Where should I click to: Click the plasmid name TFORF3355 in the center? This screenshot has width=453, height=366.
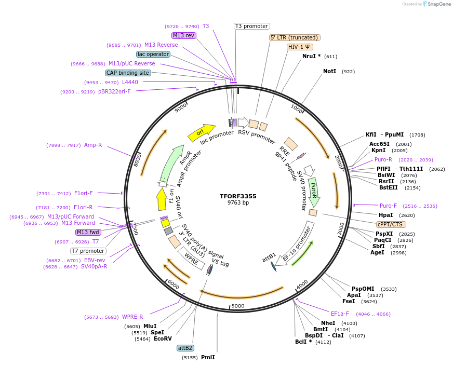click(x=238, y=196)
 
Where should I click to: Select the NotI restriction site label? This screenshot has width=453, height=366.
click(x=329, y=71)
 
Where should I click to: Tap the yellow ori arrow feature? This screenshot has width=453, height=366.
click(x=201, y=132)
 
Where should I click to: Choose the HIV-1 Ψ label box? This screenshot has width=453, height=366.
click(x=300, y=47)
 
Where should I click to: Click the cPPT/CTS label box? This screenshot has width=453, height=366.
click(x=391, y=224)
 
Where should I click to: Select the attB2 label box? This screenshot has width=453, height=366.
click(x=185, y=348)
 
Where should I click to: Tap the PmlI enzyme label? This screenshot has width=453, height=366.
click(x=208, y=357)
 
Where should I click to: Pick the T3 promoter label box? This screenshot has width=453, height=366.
click(x=251, y=26)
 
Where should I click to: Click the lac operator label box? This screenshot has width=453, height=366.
click(x=153, y=54)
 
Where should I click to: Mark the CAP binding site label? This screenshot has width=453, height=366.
click(x=128, y=73)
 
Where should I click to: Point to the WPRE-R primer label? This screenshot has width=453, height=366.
click(x=132, y=317)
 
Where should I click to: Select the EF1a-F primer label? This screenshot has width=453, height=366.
click(x=340, y=314)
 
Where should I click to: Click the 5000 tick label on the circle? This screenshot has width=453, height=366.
click(x=238, y=306)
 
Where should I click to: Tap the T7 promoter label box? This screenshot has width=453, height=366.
click(x=88, y=251)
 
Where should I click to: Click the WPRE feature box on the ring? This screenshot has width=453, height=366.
click(x=189, y=257)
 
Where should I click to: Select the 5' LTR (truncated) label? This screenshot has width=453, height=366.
click(x=295, y=37)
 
